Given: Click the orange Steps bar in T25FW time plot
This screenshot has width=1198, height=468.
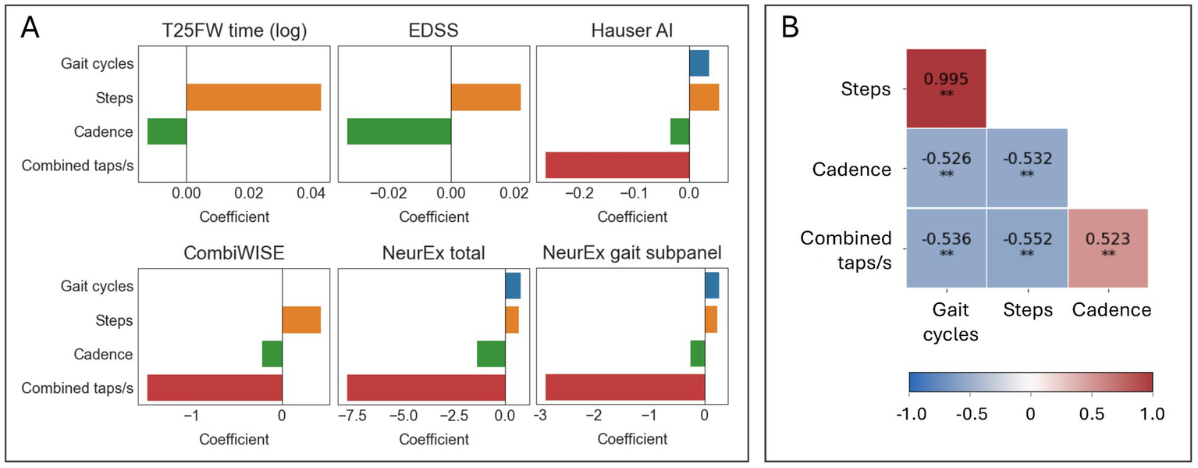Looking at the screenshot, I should pyautogui.click(x=254, y=98).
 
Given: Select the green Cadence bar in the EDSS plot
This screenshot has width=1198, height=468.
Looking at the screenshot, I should pyautogui.click(x=399, y=131).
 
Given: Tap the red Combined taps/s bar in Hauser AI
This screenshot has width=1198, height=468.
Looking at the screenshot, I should pyautogui.click(x=617, y=165).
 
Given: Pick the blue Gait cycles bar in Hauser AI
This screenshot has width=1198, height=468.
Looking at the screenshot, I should pyautogui.click(x=699, y=63).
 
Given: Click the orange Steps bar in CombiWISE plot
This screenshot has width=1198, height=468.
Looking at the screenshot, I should pyautogui.click(x=301, y=320).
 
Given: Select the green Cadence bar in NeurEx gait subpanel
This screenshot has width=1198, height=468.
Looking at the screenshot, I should pyautogui.click(x=697, y=354).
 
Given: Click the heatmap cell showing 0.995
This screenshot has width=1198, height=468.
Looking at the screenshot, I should pyautogui.click(x=946, y=88).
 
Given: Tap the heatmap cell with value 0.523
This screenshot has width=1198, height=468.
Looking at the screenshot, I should pyautogui.click(x=1107, y=248).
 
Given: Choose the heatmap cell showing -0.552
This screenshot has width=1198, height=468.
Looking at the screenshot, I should pyautogui.click(x=1026, y=248).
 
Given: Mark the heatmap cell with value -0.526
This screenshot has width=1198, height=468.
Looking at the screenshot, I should pyautogui.click(x=946, y=168).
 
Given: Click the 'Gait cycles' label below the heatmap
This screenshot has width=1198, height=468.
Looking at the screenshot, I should pyautogui.click(x=949, y=321).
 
